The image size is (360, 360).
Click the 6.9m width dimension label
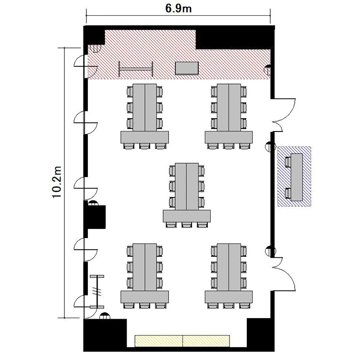tap(178, 9)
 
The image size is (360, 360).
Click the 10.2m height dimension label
tap(57, 182)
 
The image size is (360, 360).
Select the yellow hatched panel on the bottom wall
tap(182, 341)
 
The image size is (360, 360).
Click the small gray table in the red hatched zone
tap(187, 68)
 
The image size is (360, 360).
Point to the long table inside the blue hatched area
tap(297, 177)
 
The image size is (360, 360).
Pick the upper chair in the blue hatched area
tap(288, 162)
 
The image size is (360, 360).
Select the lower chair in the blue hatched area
tap(288, 193)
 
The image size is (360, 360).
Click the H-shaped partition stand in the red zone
tap(136, 69)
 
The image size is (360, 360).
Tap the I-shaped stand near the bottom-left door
tap(97, 291)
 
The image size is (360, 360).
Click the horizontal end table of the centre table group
tap(187, 216)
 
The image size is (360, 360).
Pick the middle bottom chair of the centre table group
tap(187, 225)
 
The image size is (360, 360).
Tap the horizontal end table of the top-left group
tap(144, 137)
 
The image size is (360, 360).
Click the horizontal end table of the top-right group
tap(228, 137)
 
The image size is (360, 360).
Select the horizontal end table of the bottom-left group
tap(144, 297)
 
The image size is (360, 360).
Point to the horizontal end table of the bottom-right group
tap(228, 297)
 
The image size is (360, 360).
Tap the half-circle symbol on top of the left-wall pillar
tap(93, 203)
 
